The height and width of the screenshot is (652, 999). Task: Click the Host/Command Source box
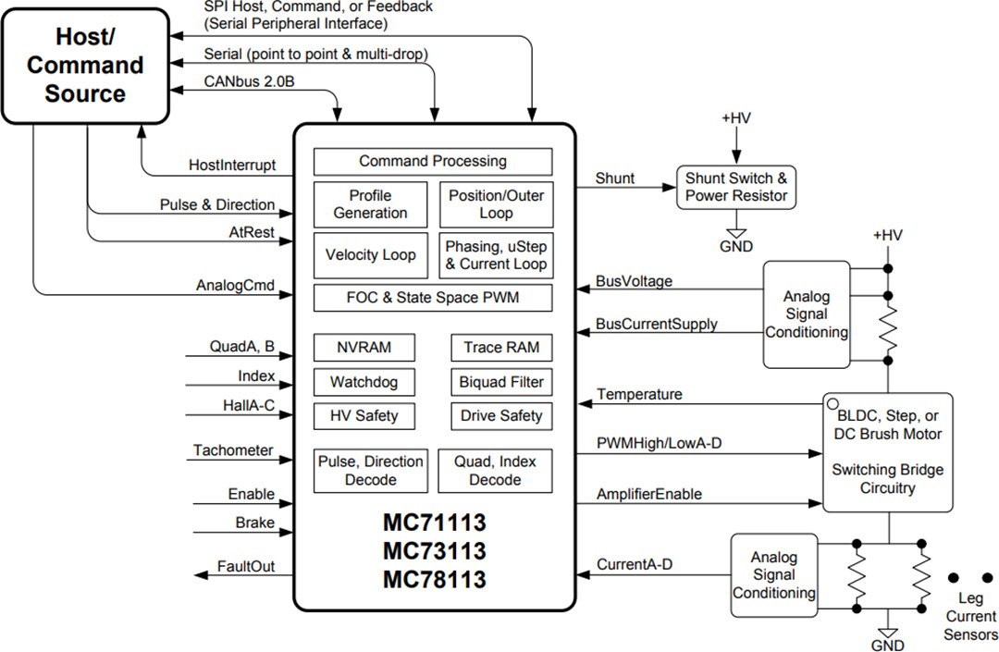pyautogui.click(x=85, y=65)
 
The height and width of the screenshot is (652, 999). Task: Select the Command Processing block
pyautogui.click(x=433, y=162)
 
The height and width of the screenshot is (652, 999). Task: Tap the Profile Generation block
pyautogui.click(x=371, y=204)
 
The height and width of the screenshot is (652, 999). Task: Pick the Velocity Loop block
pyautogui.click(x=371, y=255)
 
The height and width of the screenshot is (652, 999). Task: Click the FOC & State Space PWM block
pyautogui.click(x=433, y=299)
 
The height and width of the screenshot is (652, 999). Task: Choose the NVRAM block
pyautogui.click(x=364, y=348)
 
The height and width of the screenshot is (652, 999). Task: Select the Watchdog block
pyautogui.click(x=364, y=382)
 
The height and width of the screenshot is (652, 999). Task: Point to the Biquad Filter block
pyautogui.click(x=501, y=382)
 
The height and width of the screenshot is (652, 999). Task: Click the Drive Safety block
pyautogui.click(x=501, y=416)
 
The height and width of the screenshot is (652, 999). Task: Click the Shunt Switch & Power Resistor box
pyautogui.click(x=736, y=187)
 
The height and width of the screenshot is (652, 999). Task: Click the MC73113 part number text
pyautogui.click(x=434, y=551)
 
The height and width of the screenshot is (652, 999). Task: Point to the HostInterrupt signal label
pyautogui.click(x=231, y=165)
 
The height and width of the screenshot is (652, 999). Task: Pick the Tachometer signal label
pyautogui.click(x=233, y=450)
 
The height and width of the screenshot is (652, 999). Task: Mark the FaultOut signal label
pyautogui.click(x=246, y=566)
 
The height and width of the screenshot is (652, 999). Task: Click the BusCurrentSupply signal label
pyautogui.click(x=658, y=325)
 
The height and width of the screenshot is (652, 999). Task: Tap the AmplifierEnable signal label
pyautogui.click(x=649, y=494)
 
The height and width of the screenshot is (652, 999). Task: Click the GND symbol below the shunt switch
pyautogui.click(x=736, y=238)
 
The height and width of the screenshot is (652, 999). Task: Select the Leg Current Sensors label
pyautogui.click(x=970, y=616)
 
